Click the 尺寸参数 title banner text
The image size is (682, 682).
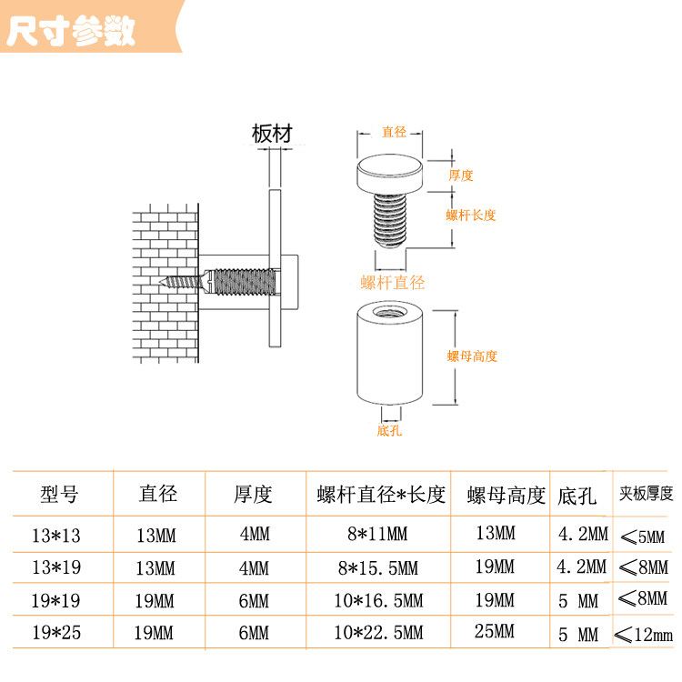pyautogui.click(x=71, y=31)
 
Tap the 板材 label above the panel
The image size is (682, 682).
pyautogui.click(x=273, y=134)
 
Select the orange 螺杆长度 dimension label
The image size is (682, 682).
pyautogui.click(x=471, y=215)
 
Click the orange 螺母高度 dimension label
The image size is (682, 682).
pyautogui.click(x=472, y=356)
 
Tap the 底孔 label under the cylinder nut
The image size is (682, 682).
pyautogui.click(x=389, y=430)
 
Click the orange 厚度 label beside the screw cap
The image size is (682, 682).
pyautogui.click(x=461, y=176)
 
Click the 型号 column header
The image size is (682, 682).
pyautogui.click(x=60, y=495)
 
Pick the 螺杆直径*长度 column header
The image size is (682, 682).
pyautogui.click(x=381, y=495)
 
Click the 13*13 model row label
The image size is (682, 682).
pyautogui.click(x=56, y=533)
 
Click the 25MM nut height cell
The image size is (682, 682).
pyautogui.click(x=496, y=632)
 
